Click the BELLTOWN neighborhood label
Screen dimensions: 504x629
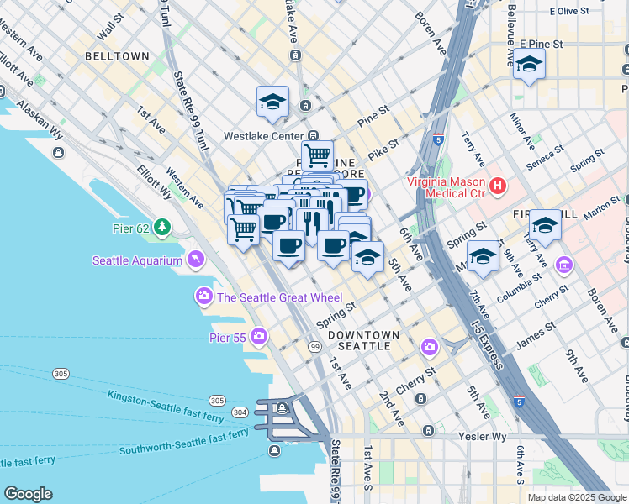(x=117, y=56)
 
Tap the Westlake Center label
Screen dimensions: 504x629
(x=262, y=135)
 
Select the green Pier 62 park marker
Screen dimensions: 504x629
(x=162, y=227)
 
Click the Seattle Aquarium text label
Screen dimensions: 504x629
(x=136, y=260)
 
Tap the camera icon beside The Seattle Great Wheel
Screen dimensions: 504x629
(x=203, y=297)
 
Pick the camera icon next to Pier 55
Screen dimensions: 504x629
(x=259, y=337)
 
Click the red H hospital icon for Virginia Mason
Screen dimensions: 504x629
(x=498, y=185)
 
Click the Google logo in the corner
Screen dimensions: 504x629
(x=28, y=494)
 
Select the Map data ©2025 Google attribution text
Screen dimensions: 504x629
(x=576, y=497)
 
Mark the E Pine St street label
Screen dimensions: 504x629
(x=541, y=43)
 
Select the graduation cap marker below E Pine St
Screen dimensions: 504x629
(x=529, y=65)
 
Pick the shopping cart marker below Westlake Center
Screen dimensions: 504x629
(x=317, y=155)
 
